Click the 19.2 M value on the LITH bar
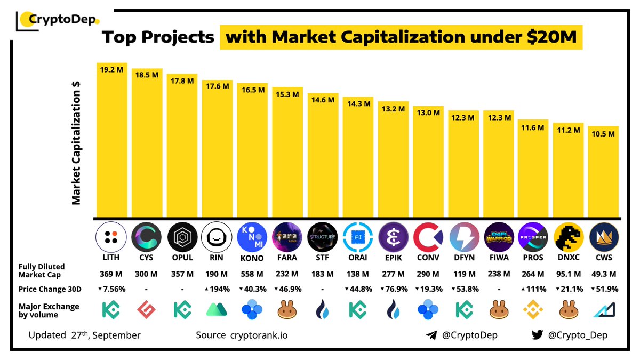(x=112, y=69)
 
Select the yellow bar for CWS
(x=603, y=176)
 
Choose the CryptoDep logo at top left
(x=57, y=20)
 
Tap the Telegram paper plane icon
(x=432, y=335)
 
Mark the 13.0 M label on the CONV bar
(x=428, y=113)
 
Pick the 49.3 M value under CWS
(x=603, y=274)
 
